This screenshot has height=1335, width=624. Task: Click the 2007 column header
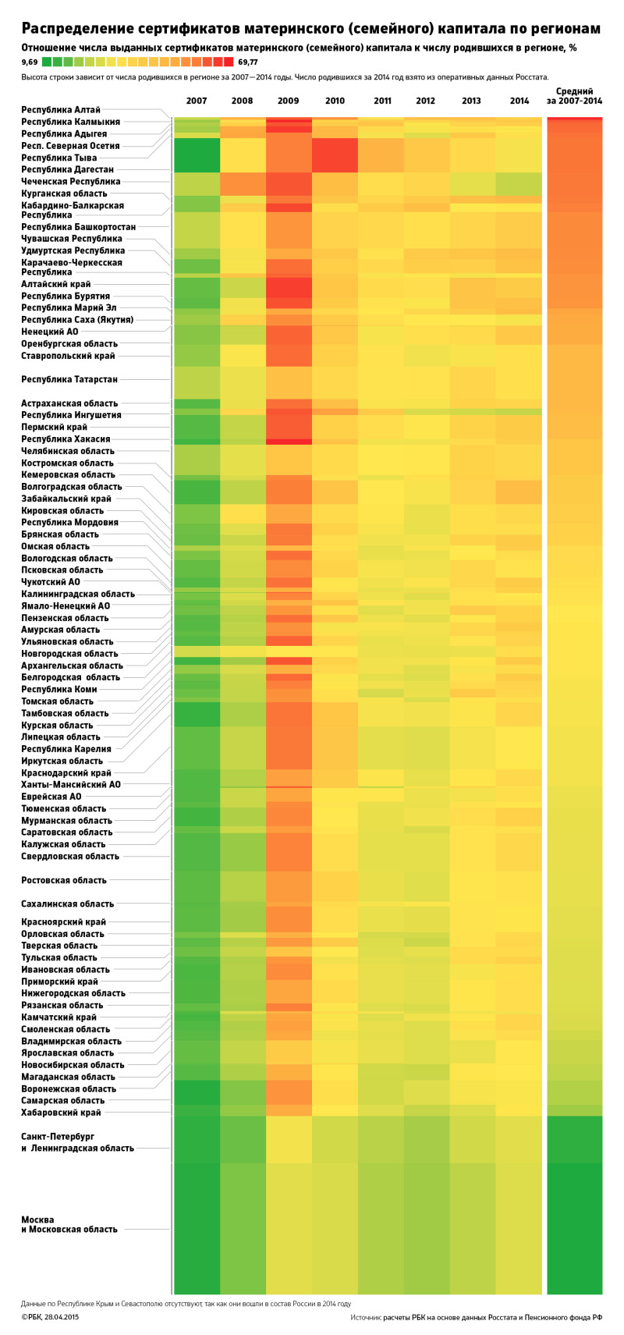pyautogui.click(x=197, y=101)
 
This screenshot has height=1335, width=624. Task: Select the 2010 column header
pyautogui.click(x=335, y=101)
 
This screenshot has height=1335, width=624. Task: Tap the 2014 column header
pyautogui.click(x=519, y=101)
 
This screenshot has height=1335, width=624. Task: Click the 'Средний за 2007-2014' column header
pyautogui.click(x=574, y=96)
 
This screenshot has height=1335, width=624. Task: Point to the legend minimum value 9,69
pyautogui.click(x=30, y=61)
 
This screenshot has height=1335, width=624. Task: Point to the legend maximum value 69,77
pyautogui.click(x=248, y=61)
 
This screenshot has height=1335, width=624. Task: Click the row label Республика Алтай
pyautogui.click(x=61, y=110)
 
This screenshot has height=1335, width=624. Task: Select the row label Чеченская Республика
pyautogui.click(x=70, y=181)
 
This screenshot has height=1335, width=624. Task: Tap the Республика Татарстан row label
pyautogui.click(x=69, y=379)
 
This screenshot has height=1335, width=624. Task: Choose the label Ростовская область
pyautogui.click(x=64, y=880)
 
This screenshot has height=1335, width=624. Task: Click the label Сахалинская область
pyautogui.click(x=67, y=904)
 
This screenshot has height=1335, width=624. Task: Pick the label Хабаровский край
pyautogui.click(x=61, y=1112)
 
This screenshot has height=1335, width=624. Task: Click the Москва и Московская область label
pyautogui.click(x=69, y=1224)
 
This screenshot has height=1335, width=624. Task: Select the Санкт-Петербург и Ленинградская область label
pyautogui.click(x=77, y=1142)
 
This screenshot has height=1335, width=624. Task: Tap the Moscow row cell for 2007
pyautogui.click(x=197, y=1225)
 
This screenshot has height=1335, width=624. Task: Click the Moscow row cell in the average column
pyautogui.click(x=575, y=1225)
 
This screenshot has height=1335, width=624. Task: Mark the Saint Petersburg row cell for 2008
pyautogui.click(x=243, y=1139)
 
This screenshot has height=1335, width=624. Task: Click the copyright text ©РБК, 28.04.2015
pyautogui.click(x=50, y=1317)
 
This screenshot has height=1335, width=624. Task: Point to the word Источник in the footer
pyautogui.click(x=366, y=1317)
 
